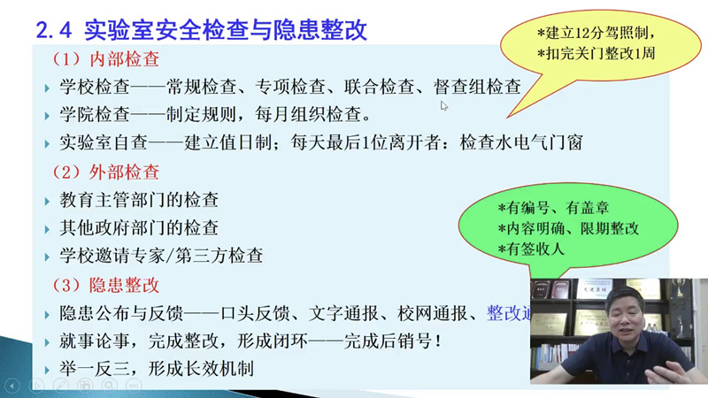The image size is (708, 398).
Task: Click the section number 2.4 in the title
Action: click(54, 30)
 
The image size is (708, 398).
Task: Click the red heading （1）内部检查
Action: click(105, 59)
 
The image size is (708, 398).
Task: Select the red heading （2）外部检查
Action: click(105, 172)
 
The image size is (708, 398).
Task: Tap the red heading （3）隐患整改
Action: click(105, 285)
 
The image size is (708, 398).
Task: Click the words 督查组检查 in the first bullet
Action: click(477, 87)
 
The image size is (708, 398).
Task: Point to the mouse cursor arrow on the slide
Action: click(444, 106)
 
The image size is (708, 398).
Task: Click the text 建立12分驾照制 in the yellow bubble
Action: click(596, 33)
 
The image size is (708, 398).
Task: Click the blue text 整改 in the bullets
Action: click(504, 313)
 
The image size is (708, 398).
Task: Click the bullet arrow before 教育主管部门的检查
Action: click(47, 202)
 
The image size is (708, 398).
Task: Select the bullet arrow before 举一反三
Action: click(47, 371)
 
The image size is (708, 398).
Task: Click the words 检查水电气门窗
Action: click(521, 142)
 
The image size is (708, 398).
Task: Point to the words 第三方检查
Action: click(219, 256)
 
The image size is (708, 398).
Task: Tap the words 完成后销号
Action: click(388, 341)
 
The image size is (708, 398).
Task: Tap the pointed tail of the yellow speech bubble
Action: click(507, 118)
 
